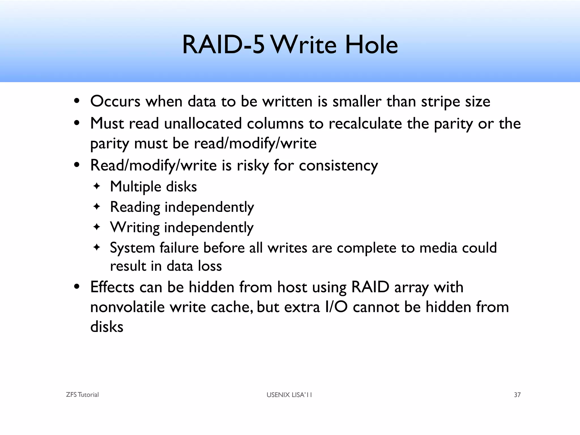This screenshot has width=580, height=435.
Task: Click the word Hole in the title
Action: [371, 45]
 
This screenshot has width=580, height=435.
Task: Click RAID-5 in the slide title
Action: [223, 45]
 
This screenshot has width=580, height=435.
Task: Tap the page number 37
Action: [517, 395]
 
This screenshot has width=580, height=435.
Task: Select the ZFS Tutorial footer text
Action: [82, 395]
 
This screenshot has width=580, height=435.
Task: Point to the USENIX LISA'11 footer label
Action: [289, 395]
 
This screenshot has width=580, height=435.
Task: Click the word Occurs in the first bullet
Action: [115, 101]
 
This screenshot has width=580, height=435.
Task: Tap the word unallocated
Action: [203, 123]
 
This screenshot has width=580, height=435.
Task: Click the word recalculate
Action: [365, 123]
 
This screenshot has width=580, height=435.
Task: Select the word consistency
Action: [338, 166]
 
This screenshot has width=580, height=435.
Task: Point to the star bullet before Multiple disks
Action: [97, 186]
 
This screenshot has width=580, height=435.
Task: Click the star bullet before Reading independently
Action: [97, 207]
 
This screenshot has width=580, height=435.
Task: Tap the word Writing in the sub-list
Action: [135, 227]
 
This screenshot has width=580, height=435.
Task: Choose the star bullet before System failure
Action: [97, 248]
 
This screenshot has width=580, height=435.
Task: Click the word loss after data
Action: [210, 266]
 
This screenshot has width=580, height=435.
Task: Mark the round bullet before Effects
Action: [76, 287]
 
